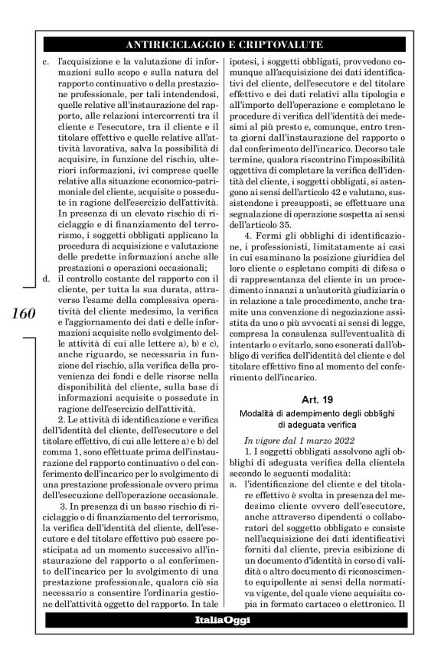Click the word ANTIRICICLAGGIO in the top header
tap(177, 44)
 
